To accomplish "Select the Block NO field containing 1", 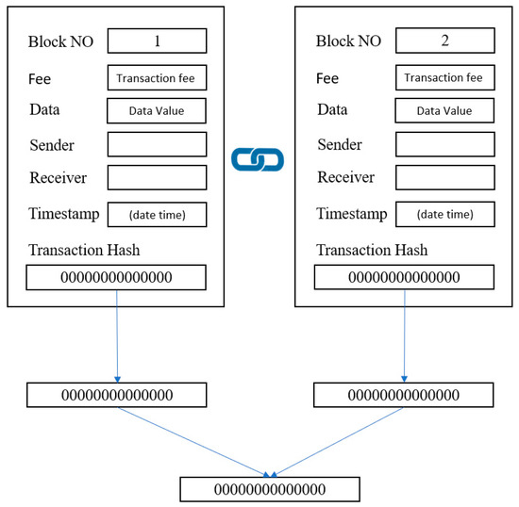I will click(x=156, y=41).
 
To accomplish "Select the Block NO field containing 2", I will click(x=444, y=41).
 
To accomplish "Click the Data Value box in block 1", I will click(x=156, y=111).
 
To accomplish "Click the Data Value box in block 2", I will click(x=444, y=111).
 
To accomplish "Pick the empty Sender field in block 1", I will click(x=156, y=144).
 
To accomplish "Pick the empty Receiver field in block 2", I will click(x=444, y=178).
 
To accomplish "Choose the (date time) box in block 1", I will click(x=156, y=215).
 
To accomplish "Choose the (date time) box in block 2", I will click(x=444, y=215).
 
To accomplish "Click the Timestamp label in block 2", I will click(x=352, y=214).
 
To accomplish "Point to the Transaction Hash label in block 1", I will click(x=84, y=250).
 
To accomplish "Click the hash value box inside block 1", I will click(x=115, y=277).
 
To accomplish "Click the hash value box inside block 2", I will click(x=404, y=277).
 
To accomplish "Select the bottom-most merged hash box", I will click(x=270, y=489).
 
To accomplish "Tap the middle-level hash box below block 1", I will click(x=117, y=395).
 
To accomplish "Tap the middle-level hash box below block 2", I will click(x=404, y=395).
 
